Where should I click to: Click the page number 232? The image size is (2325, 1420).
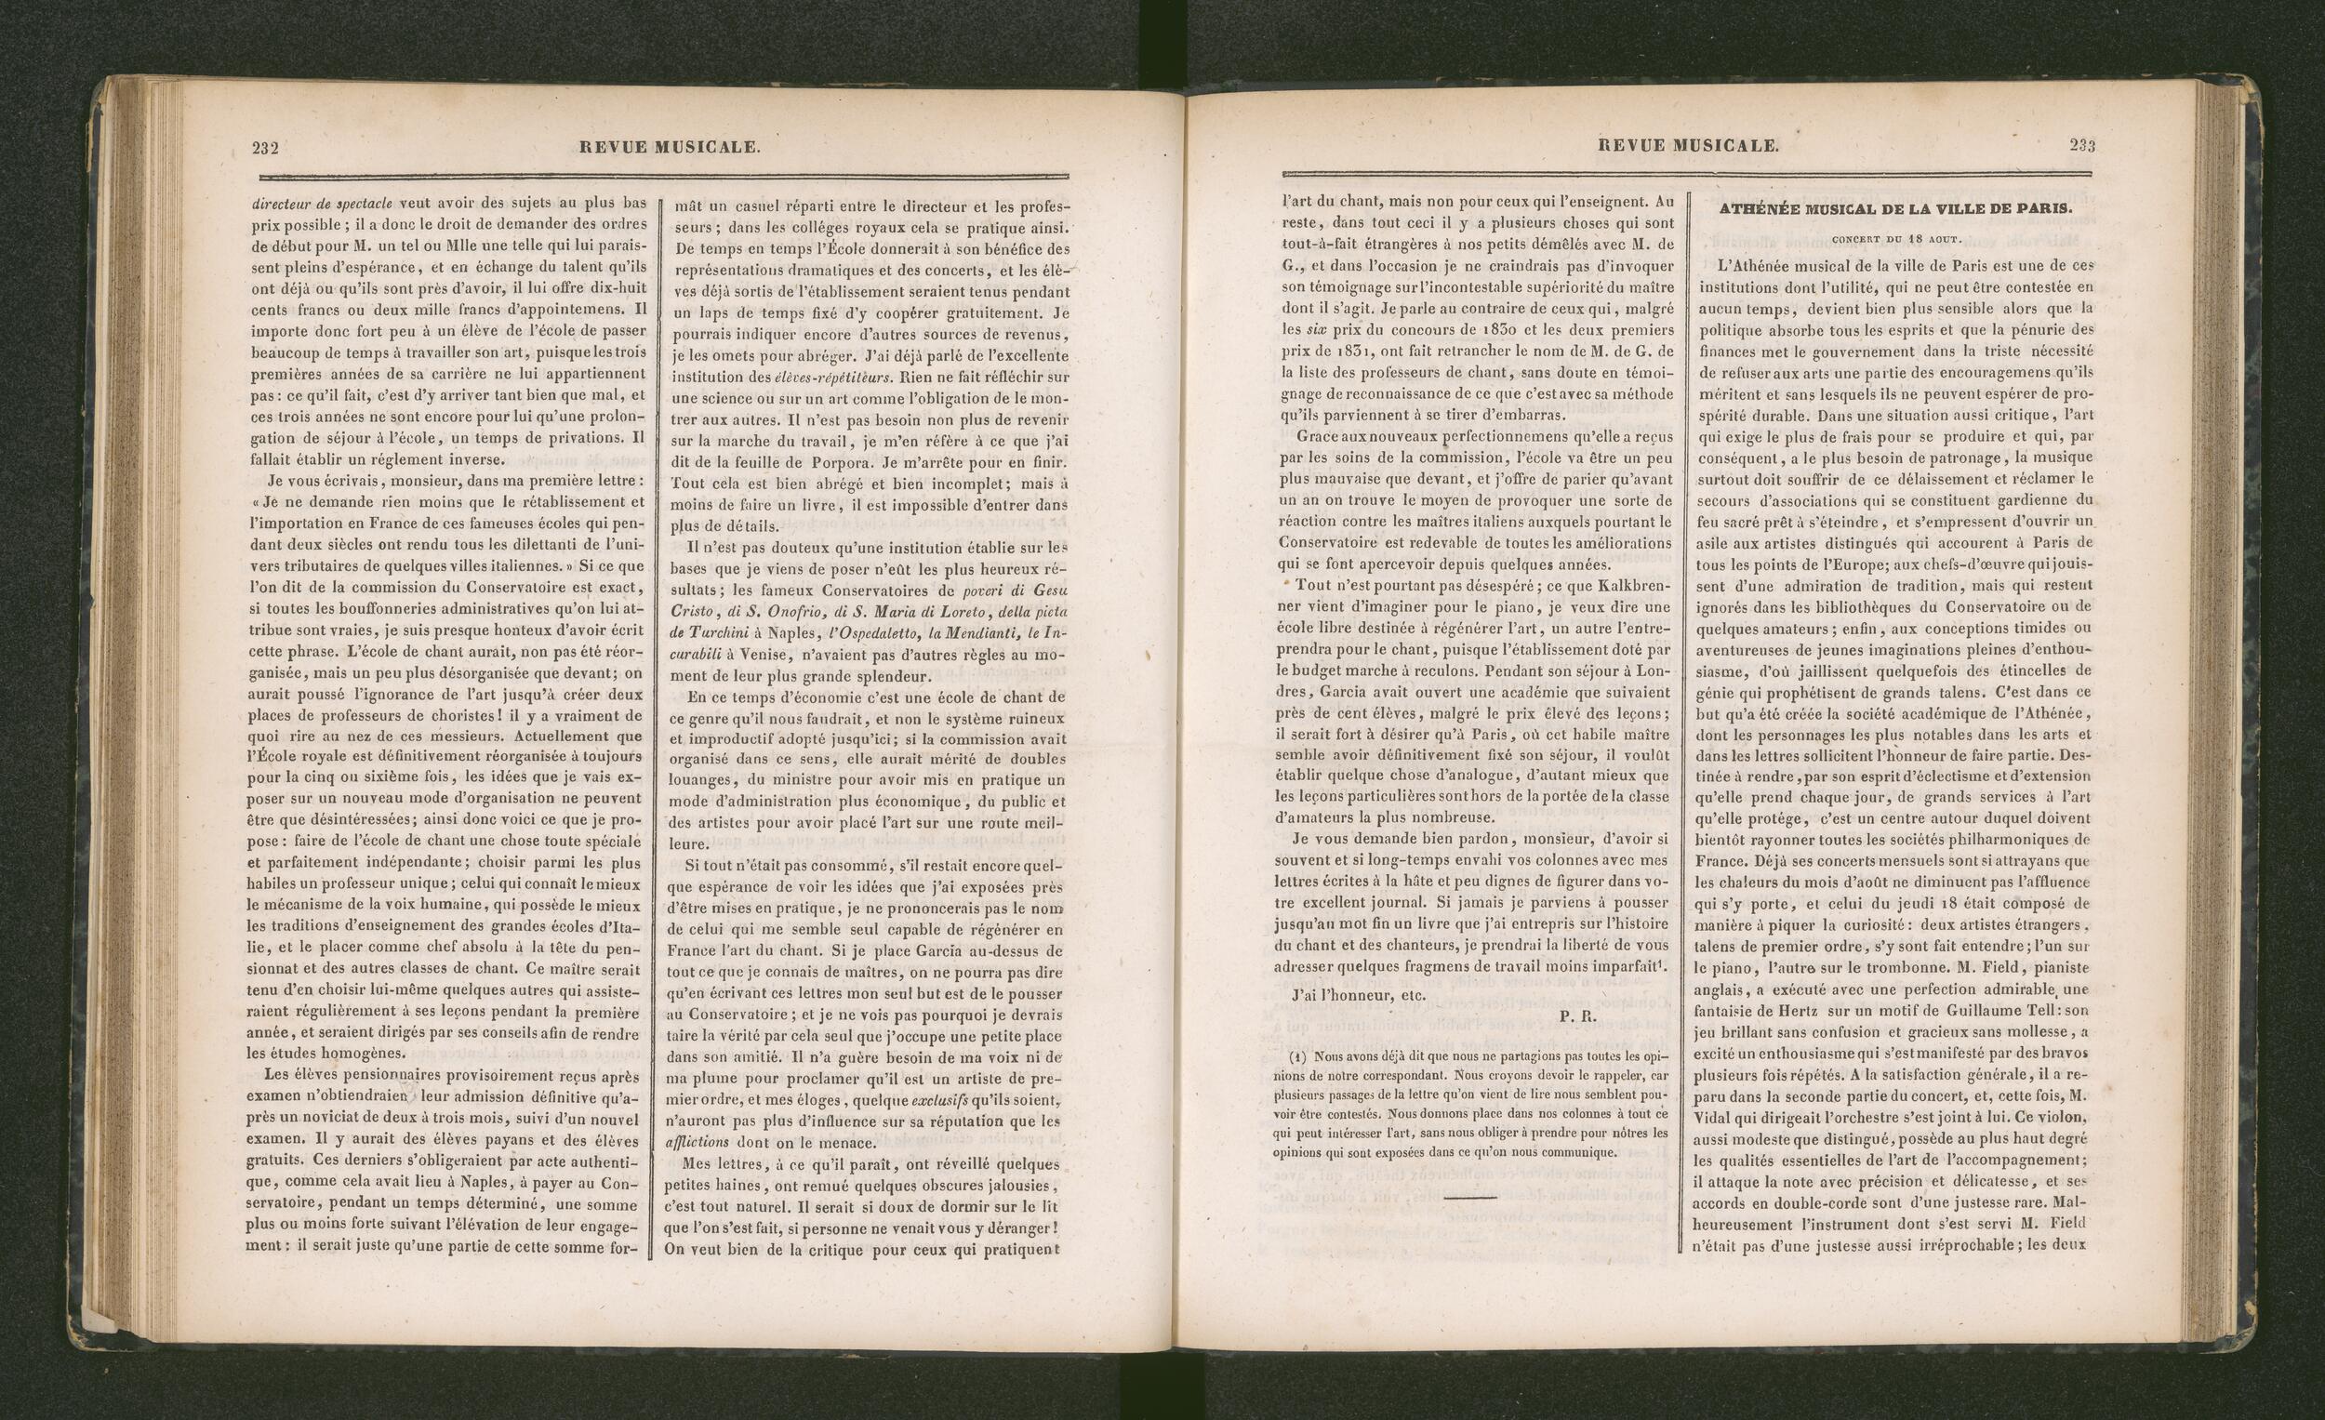click(x=264, y=147)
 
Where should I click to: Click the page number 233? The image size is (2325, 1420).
click(x=2082, y=145)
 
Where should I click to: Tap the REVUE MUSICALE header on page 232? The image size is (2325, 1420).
click(x=669, y=147)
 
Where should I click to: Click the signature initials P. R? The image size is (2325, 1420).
click(x=1576, y=1016)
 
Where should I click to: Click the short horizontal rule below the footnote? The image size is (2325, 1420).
click(x=1469, y=1198)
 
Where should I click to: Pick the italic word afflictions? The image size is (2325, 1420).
click(x=697, y=1143)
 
